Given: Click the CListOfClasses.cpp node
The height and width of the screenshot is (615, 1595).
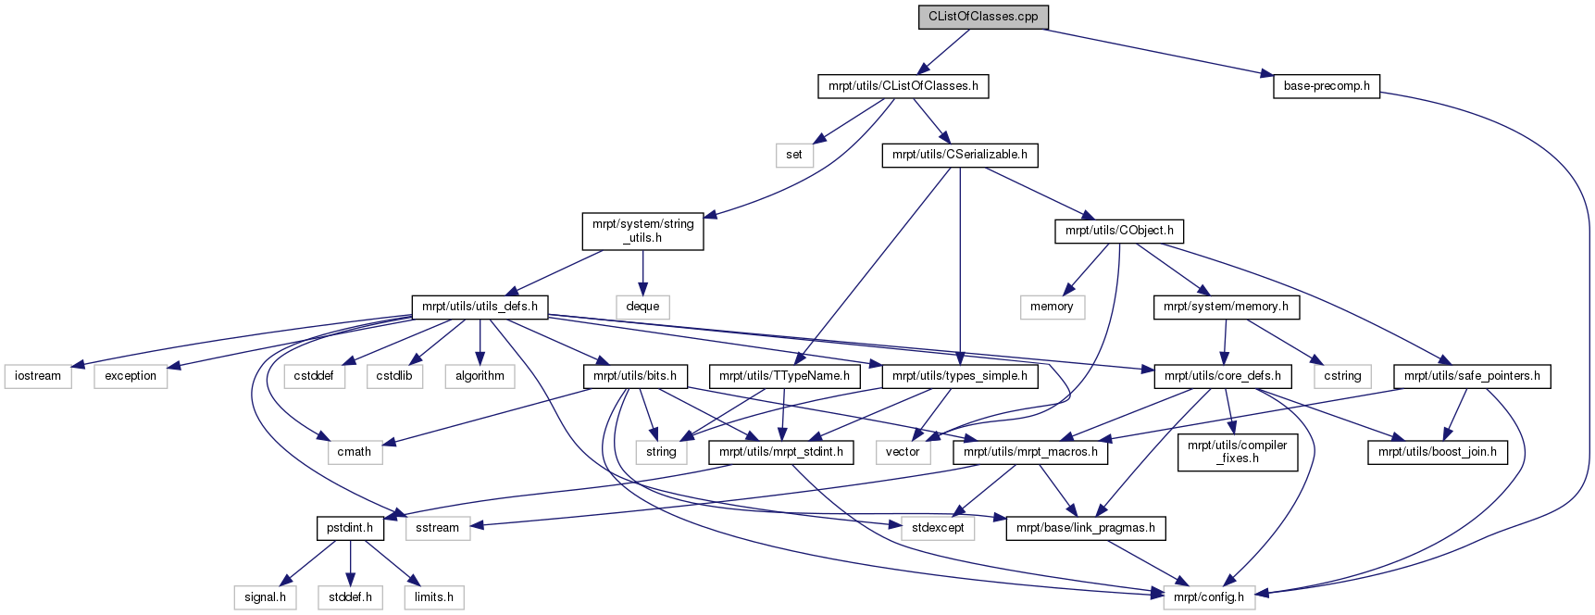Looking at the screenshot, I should (983, 17).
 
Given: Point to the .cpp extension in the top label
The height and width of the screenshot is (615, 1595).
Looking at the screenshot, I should (1026, 17).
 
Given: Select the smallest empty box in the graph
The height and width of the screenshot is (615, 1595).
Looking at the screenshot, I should (794, 156).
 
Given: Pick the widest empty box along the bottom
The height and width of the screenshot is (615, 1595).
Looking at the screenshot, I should (1209, 597).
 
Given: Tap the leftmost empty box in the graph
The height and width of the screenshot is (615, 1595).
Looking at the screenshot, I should (38, 376).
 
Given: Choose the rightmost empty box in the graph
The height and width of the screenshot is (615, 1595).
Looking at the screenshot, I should (1342, 376).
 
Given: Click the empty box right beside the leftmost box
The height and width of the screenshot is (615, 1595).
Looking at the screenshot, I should (131, 376).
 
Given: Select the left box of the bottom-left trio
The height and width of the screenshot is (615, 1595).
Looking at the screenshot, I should (265, 597).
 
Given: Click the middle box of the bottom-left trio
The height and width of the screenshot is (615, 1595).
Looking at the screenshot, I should (350, 597).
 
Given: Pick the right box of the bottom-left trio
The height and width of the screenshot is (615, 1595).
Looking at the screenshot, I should (434, 597).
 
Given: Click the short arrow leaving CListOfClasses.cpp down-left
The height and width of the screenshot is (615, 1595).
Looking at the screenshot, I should (942, 52).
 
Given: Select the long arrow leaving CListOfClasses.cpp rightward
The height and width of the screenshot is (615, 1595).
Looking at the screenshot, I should (1157, 52).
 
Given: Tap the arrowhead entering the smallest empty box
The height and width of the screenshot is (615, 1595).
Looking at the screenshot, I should (819, 139).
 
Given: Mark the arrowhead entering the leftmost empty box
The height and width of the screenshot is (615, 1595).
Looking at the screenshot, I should (79, 366).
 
